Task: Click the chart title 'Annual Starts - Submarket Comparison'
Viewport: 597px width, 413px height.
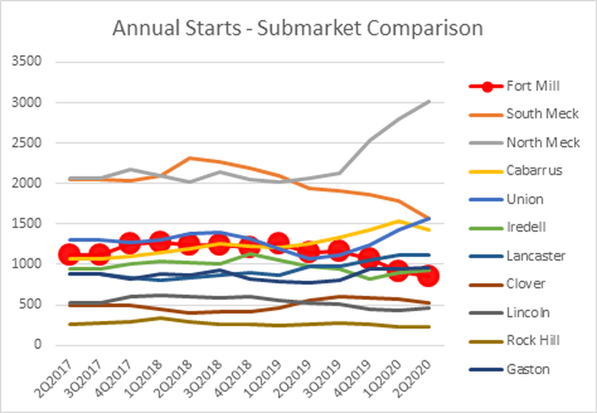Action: point(297,29)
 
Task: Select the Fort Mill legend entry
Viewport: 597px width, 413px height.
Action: point(533,86)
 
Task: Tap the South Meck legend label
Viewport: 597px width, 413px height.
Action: point(542,114)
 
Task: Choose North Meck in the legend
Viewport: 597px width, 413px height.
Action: point(543,143)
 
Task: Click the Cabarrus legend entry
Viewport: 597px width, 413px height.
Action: point(534,171)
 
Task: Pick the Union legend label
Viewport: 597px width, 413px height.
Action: point(524,199)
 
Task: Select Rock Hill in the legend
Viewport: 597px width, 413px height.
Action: point(533,341)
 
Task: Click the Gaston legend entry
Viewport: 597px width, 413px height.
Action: point(528,369)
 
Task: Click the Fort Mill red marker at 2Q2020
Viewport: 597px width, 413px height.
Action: point(429,276)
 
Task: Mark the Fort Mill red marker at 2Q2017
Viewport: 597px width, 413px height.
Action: point(69,255)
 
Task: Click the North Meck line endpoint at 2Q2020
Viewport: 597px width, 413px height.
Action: point(429,101)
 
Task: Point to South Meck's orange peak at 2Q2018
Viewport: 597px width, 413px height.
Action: point(190,158)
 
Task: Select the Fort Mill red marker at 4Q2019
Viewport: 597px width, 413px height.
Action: point(369,258)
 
